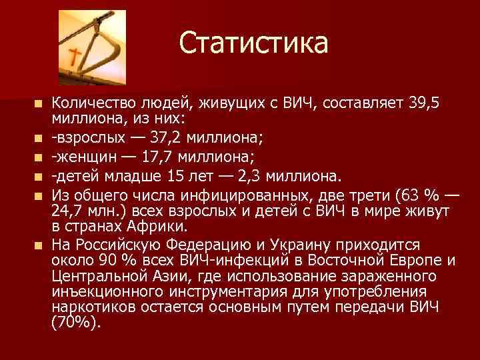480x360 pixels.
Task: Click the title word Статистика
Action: tap(253, 43)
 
